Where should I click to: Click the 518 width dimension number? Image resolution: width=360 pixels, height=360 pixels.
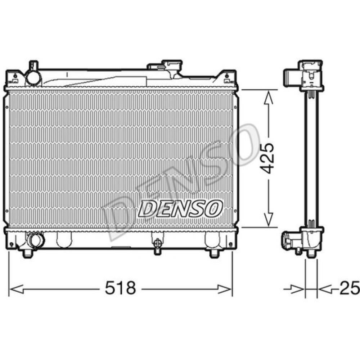pos(120,288)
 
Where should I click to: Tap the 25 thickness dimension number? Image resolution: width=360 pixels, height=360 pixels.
pos(350,288)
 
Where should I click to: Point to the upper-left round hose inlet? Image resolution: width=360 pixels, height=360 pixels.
pos(33,77)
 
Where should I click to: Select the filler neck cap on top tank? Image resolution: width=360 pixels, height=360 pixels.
pos(172,66)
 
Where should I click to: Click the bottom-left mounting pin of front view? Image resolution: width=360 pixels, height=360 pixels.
pos(28,253)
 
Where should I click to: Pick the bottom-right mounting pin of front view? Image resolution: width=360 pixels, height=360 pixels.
pos(214,253)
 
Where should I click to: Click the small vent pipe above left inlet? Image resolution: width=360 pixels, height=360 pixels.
pos(33,65)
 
